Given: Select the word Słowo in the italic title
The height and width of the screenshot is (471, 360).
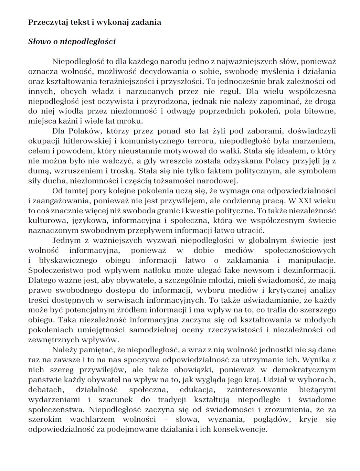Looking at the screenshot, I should (x=39, y=42).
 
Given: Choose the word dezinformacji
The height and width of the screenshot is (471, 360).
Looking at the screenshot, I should (x=310, y=270).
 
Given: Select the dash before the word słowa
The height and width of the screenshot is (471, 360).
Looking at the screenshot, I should (x=166, y=420).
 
